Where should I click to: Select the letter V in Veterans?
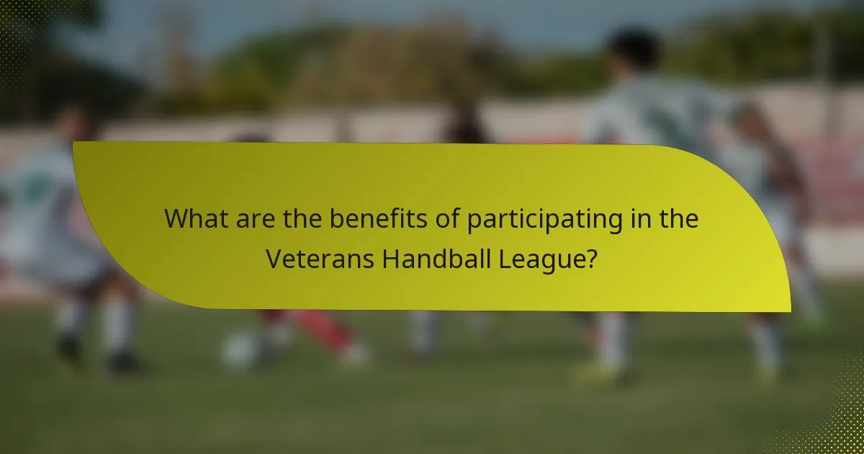(274, 258)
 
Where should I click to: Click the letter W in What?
(176, 219)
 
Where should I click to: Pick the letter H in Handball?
(390, 258)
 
